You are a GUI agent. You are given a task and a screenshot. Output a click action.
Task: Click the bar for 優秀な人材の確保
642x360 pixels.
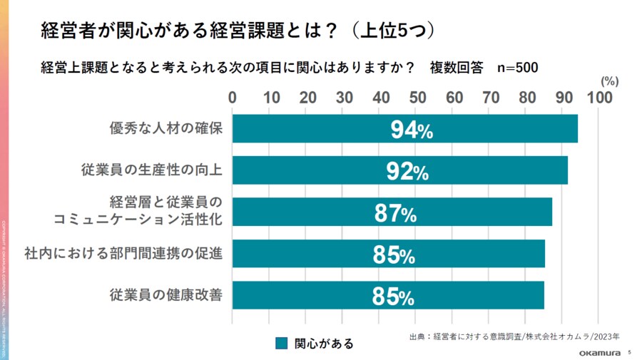[405, 129]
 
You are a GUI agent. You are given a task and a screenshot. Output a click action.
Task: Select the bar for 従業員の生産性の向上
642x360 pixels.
[400, 170]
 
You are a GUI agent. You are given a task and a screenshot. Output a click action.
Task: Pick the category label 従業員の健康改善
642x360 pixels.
[167, 294]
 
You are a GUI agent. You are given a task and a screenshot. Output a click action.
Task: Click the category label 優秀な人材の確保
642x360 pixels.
[167, 129]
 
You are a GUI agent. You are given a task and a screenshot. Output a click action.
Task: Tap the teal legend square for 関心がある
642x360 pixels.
[282, 344]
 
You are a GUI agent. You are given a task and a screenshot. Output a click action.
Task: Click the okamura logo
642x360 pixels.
[596, 352]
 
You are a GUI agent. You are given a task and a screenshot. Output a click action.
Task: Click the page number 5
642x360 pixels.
[629, 352]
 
